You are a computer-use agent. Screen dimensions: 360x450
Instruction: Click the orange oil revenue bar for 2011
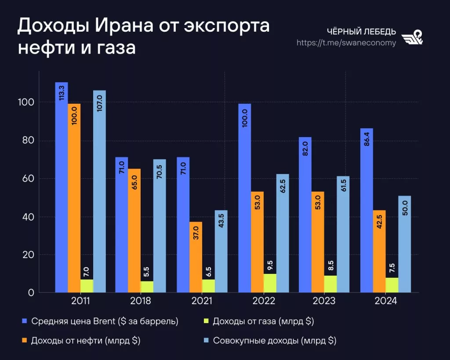click(74, 198)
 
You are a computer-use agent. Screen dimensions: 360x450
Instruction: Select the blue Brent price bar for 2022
click(245, 198)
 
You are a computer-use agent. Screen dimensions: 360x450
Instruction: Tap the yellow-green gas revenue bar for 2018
click(147, 287)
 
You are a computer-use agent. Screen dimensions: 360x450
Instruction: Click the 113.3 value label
click(62, 94)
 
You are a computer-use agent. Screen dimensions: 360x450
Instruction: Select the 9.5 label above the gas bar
click(270, 265)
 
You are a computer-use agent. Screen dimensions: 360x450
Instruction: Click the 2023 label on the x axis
click(324, 301)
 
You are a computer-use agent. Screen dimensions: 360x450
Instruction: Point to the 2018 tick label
click(141, 301)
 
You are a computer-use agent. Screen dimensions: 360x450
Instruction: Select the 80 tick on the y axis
click(28, 141)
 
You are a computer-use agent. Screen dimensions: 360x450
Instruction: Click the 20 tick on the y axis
click(28, 255)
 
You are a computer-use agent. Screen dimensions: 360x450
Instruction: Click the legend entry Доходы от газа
click(263, 321)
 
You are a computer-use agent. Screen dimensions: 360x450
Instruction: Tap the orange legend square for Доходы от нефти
click(24, 340)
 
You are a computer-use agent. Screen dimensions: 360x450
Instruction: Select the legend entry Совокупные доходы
click(274, 340)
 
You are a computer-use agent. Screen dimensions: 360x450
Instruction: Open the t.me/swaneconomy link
click(346, 43)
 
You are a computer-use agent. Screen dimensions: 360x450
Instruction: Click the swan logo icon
click(413, 37)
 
